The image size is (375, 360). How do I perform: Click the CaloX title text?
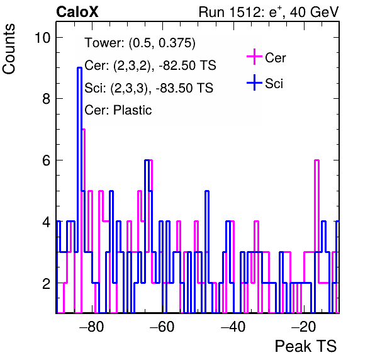(x=77, y=12)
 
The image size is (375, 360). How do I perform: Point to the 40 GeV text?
(x=315, y=12)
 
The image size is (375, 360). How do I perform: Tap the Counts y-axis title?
(x=9, y=49)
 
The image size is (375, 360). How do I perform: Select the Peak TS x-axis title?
(x=306, y=346)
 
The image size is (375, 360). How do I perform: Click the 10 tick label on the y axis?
(x=43, y=38)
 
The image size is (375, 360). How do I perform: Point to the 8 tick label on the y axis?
(x=47, y=99)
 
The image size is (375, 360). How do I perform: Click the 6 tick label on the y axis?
(x=47, y=160)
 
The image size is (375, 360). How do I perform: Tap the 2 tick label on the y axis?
(x=47, y=283)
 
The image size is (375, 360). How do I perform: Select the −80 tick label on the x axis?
(x=92, y=326)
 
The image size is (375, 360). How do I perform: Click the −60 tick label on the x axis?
(x=162, y=326)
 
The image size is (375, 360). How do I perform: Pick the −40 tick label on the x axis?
(x=233, y=326)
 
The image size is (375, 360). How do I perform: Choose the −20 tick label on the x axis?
(x=303, y=326)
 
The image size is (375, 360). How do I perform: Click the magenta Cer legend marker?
(x=254, y=57)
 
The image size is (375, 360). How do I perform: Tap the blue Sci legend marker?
(x=254, y=83)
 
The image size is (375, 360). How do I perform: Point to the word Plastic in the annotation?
(x=132, y=110)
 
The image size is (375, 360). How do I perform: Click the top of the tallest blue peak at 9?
(x=80, y=68)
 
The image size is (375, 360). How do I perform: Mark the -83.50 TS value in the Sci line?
(x=184, y=87)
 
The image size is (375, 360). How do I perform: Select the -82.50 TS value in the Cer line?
(x=187, y=65)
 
